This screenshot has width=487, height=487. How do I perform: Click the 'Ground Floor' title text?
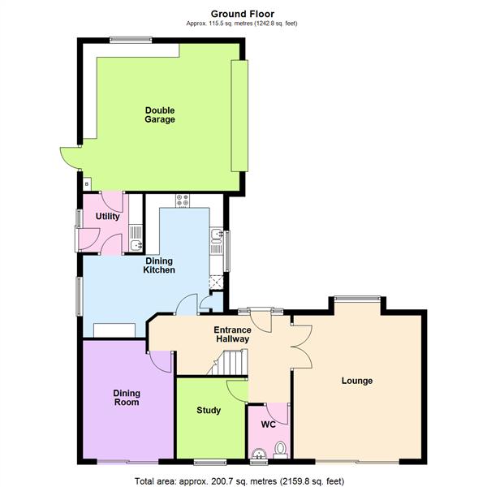pos(243,13)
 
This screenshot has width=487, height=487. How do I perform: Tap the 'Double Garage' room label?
pos(160,115)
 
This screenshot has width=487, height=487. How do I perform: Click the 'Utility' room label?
pos(107,217)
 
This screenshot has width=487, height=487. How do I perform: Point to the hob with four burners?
pos(182,200)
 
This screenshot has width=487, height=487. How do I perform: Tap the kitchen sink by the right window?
pos(216,236)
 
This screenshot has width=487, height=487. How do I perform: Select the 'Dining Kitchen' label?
pos(159,265)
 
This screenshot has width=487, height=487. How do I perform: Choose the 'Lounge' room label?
pos(356,381)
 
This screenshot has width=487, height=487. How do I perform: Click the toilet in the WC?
pos(280,447)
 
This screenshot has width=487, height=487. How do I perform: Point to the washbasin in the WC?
pos(258,453)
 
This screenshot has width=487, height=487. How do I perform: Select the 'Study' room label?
pos(209,410)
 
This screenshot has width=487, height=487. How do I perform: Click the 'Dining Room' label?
pos(126,397)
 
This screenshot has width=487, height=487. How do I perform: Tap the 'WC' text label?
pos(268,424)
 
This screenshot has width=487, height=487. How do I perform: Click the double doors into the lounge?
pos(300,342)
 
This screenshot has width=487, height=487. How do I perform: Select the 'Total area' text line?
pos(243,480)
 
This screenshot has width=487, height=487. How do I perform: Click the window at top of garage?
pos(131,37)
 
